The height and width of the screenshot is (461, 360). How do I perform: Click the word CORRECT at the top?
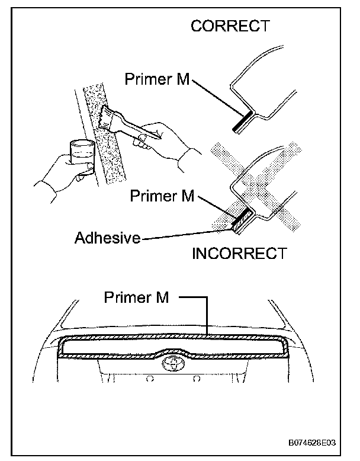click(x=230, y=26)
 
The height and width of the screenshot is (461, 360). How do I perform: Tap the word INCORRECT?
click(x=239, y=254)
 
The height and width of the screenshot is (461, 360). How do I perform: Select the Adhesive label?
click(x=107, y=238)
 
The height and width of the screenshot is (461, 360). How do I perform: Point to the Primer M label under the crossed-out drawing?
click(x=162, y=196)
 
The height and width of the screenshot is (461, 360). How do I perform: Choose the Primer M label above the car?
click(x=136, y=297)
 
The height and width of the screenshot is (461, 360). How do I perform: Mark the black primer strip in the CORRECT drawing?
click(x=243, y=122)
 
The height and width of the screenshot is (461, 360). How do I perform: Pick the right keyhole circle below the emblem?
click(x=194, y=378)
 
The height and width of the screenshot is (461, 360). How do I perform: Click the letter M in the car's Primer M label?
click(x=162, y=297)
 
